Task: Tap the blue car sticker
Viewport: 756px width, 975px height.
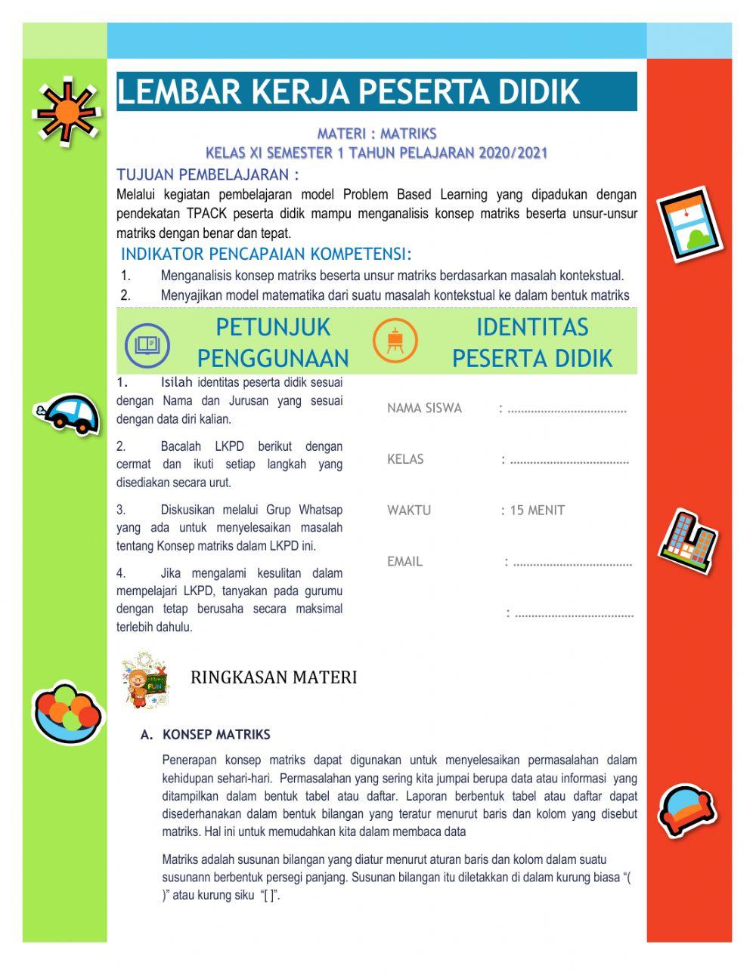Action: [70, 413]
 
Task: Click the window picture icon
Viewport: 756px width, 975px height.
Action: [688, 223]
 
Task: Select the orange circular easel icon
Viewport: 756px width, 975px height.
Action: [395, 341]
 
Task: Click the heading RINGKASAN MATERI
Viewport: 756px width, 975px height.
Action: [274, 677]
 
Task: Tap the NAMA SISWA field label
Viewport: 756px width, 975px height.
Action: [424, 409]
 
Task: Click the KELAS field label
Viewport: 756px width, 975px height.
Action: [405, 459]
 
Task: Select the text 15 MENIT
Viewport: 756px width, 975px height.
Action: [537, 511]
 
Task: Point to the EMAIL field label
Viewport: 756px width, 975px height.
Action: [404, 562]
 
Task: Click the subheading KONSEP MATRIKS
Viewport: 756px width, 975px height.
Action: [216, 734]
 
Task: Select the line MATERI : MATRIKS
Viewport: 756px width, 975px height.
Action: [376, 134]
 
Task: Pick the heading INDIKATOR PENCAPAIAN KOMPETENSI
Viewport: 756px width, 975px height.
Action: [266, 254]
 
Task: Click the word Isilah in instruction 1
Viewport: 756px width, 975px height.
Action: [177, 383]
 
